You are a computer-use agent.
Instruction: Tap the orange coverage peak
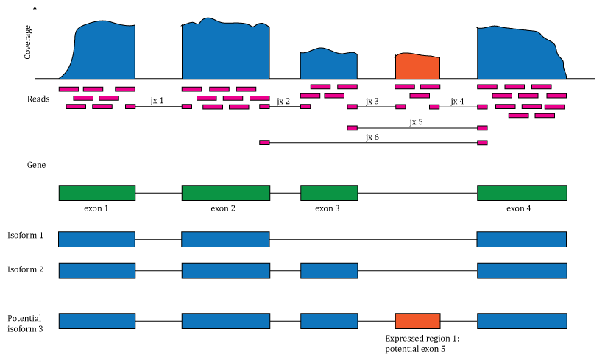(x=417, y=66)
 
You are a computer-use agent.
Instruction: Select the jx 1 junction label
(x=157, y=100)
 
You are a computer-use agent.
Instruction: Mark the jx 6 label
(x=372, y=136)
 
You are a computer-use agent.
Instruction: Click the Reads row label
(x=38, y=99)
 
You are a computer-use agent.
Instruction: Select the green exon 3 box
(x=329, y=193)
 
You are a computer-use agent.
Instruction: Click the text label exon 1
(x=96, y=208)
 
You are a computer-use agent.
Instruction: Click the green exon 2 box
(x=226, y=193)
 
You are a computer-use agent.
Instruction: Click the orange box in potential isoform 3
(x=417, y=321)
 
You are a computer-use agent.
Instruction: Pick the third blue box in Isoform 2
(x=329, y=270)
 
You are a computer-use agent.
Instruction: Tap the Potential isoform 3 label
(x=26, y=323)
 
